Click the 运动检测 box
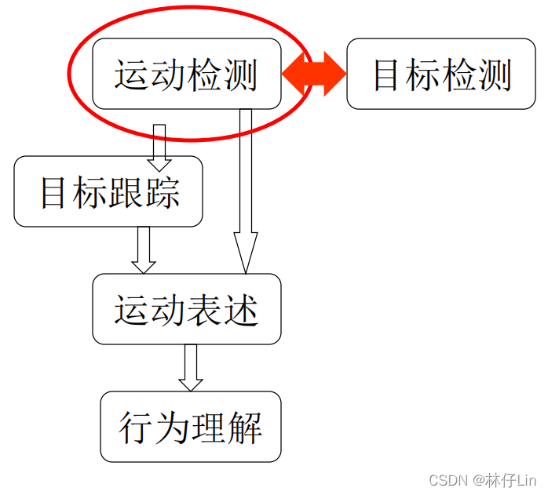pos(186,74)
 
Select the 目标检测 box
pos(440,74)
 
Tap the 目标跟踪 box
pos(108,192)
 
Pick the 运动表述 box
pos(186,309)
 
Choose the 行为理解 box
pos(190,427)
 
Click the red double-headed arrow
pos(314,75)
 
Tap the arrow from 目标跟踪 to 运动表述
pos(143,250)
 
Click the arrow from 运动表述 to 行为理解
pos(190,368)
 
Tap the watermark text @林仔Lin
pos(504,479)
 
